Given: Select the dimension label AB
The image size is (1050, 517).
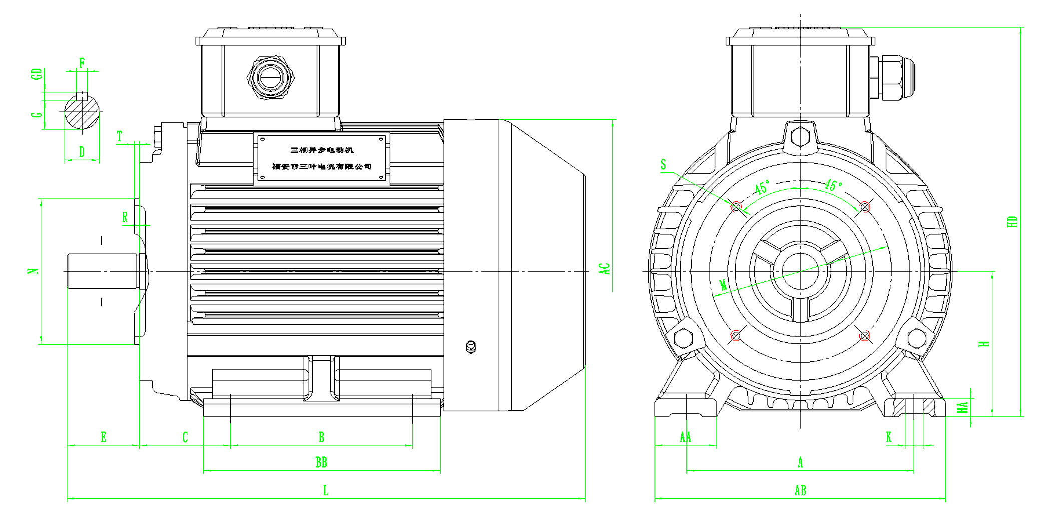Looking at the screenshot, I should (800, 491).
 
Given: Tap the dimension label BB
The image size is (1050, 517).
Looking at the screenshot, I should (321, 463).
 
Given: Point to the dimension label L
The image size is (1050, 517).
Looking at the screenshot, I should (326, 491).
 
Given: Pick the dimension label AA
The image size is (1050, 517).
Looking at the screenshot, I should (685, 438).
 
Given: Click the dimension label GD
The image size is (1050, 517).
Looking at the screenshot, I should (36, 74).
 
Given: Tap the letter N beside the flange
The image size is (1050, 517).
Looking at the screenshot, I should (33, 271).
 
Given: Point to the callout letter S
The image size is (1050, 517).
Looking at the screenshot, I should (663, 165).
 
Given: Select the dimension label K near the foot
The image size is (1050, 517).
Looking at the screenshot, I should (889, 437).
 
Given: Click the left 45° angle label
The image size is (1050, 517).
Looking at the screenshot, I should (762, 188).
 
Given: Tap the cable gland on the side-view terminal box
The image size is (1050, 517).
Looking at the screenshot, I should (270, 78).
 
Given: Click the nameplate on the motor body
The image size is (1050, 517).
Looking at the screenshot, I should (321, 158).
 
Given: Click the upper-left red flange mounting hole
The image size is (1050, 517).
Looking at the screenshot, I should (736, 206).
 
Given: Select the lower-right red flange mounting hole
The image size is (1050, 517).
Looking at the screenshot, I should (865, 335).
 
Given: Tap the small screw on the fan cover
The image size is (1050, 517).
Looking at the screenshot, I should (471, 347).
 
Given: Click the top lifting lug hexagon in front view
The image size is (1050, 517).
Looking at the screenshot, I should (801, 136).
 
